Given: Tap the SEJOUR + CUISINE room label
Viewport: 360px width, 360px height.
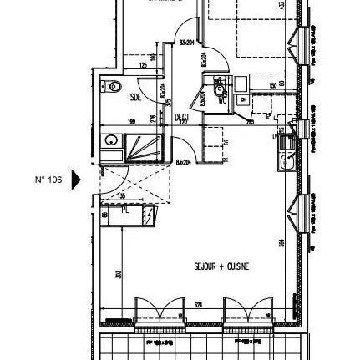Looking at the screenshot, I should point(221,266).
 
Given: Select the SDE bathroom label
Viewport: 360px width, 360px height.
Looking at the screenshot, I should point(136,97).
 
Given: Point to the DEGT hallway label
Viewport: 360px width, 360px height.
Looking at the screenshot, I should point(181,118).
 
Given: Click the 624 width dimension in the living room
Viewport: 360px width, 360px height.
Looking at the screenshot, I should point(197,303).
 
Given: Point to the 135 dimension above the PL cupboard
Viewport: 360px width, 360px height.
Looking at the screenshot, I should point(122,196).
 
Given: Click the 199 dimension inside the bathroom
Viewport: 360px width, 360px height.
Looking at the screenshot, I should point(132,120).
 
